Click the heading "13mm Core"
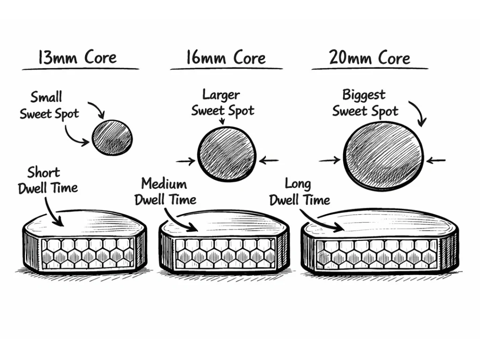(77, 58)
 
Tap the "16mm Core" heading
(225, 58)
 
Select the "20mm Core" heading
(369, 58)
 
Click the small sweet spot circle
(112, 137)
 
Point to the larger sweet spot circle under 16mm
(227, 154)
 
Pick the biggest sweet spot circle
(384, 156)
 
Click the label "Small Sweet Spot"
(49, 105)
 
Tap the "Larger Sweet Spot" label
(223, 103)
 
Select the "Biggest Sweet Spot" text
(365, 103)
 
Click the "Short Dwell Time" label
(48, 180)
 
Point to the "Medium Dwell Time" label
(165, 191)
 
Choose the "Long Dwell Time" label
(299, 192)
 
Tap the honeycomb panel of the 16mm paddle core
(224, 253)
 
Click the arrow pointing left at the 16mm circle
(269, 161)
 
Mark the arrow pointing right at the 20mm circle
(330, 160)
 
